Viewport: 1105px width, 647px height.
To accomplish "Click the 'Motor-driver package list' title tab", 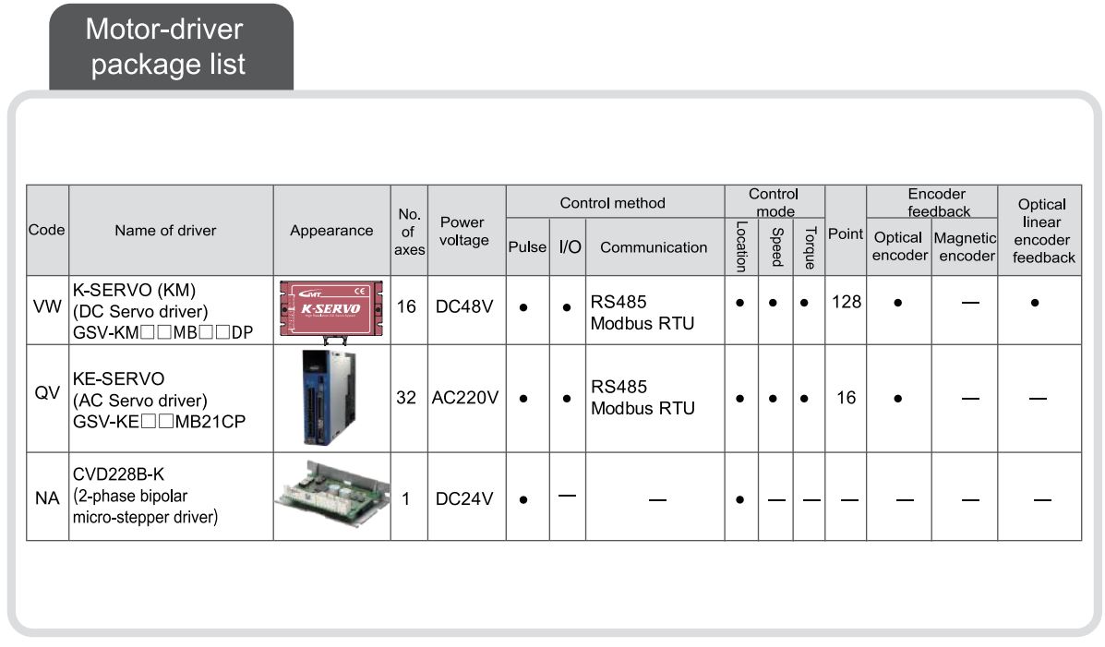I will pyautogui.click(x=167, y=46).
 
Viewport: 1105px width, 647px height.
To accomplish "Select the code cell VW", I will pyautogui.click(x=47, y=311).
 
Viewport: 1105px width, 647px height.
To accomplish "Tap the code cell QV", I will pyautogui.click(x=47, y=398).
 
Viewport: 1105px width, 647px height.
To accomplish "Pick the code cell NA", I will pyautogui.click(x=47, y=497).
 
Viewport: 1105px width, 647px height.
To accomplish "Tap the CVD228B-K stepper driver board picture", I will pyautogui.click(x=330, y=495).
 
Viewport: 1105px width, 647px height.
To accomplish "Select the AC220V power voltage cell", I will pyautogui.click(x=466, y=398).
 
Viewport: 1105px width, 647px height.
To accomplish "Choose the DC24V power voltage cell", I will pyautogui.click(x=466, y=497).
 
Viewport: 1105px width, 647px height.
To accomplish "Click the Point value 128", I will pyautogui.click(x=845, y=302).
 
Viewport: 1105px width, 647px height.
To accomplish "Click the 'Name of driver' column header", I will pyautogui.click(x=165, y=231).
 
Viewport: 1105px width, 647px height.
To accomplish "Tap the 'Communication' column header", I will pyautogui.click(x=653, y=246).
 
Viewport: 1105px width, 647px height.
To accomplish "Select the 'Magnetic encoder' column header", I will pyautogui.click(x=965, y=246).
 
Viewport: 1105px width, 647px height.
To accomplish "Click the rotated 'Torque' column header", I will pyautogui.click(x=809, y=247).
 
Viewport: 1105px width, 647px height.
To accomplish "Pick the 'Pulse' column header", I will pyautogui.click(x=527, y=246).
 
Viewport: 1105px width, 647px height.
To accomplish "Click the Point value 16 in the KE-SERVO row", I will pyautogui.click(x=845, y=398).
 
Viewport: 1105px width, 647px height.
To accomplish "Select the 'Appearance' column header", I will pyautogui.click(x=331, y=231).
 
